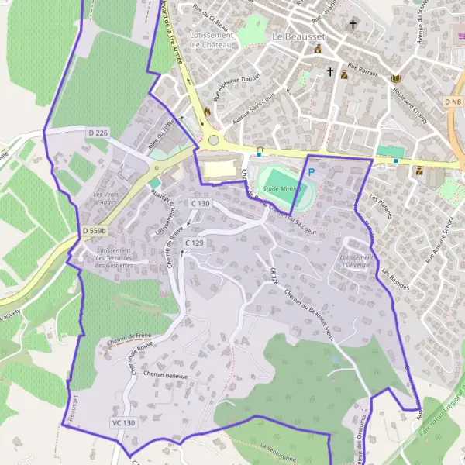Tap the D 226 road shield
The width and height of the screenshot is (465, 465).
(x=98, y=133)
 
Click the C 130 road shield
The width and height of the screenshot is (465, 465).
(x=200, y=203)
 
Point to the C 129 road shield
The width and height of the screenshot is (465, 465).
(x=194, y=243)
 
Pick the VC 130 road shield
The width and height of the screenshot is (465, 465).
(x=123, y=423)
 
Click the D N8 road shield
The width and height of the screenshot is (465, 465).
(x=453, y=102)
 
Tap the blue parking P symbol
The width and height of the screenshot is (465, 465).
(x=312, y=172)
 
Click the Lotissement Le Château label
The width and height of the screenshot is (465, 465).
(x=211, y=40)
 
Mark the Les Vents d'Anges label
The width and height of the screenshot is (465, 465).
(x=105, y=198)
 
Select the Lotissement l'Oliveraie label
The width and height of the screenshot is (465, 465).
(x=356, y=261)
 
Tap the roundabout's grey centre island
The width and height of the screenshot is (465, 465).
(x=213, y=140)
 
